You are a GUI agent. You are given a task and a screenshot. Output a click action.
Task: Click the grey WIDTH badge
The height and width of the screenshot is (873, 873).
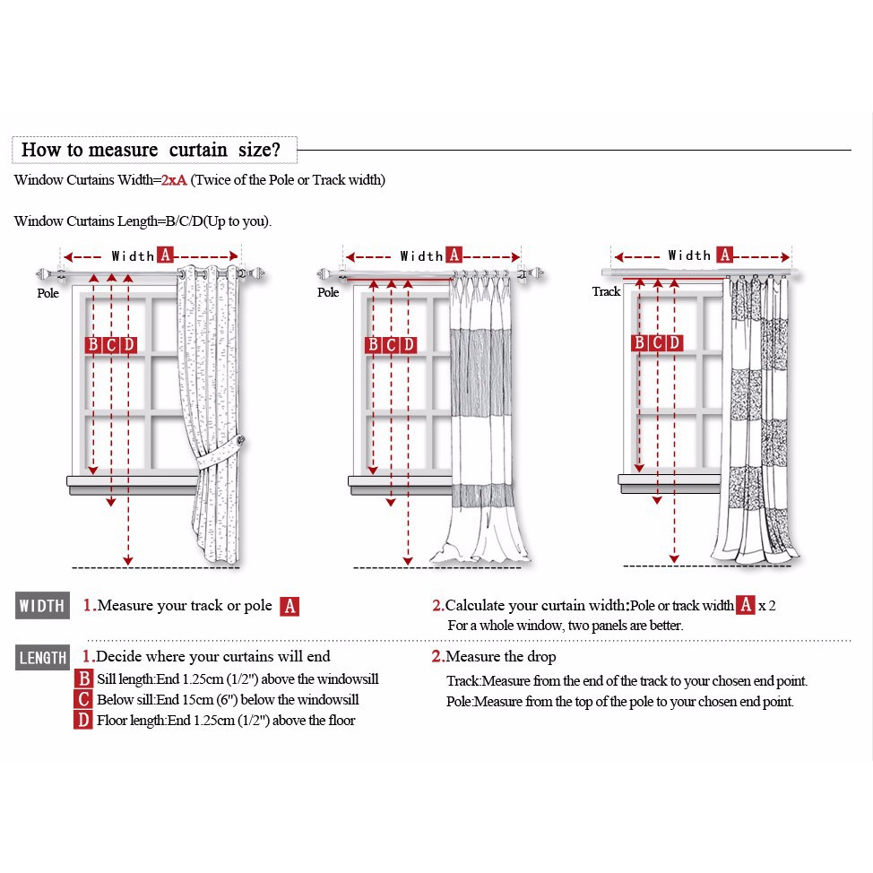[x=42, y=605]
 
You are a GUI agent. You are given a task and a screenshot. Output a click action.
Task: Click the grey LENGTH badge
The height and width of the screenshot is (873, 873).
[x=42, y=658]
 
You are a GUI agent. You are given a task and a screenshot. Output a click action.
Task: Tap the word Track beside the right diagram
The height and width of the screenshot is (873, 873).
[x=606, y=291]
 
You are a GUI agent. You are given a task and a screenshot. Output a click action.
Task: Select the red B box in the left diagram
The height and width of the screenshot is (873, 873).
[x=93, y=345]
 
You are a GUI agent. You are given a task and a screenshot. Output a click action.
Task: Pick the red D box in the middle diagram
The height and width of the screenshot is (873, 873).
[x=408, y=345]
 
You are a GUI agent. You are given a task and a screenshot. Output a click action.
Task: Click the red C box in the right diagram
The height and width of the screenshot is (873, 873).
[x=657, y=342]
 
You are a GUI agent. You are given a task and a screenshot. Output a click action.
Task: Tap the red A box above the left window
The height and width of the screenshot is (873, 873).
[x=165, y=255]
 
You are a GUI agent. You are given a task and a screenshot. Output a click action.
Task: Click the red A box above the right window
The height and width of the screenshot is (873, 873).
[x=724, y=255]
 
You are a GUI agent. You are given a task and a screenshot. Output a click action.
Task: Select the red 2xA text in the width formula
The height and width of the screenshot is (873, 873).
[x=174, y=180]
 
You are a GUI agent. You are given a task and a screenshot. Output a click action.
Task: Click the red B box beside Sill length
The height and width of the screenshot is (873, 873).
[x=83, y=679]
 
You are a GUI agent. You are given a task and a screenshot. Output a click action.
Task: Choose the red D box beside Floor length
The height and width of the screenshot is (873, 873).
[x=83, y=720]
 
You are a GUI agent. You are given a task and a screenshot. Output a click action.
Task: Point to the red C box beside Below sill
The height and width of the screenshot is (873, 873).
[x=83, y=699]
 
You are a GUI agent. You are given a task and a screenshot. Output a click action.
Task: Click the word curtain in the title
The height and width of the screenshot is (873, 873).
[x=198, y=149]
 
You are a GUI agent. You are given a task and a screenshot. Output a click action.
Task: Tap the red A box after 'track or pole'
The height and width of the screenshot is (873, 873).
[x=290, y=606]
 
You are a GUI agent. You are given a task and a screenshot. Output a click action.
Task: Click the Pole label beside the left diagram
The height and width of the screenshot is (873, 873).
[x=48, y=293]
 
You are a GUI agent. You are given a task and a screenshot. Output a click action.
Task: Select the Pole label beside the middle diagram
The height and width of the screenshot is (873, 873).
[x=328, y=292]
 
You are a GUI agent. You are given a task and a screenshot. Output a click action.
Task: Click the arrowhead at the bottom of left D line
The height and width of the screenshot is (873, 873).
[x=128, y=560]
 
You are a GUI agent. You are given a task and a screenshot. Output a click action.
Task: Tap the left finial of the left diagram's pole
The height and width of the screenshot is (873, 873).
[x=42, y=274]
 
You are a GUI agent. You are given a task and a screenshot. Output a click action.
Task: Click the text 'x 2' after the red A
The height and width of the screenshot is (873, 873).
[x=766, y=606]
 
